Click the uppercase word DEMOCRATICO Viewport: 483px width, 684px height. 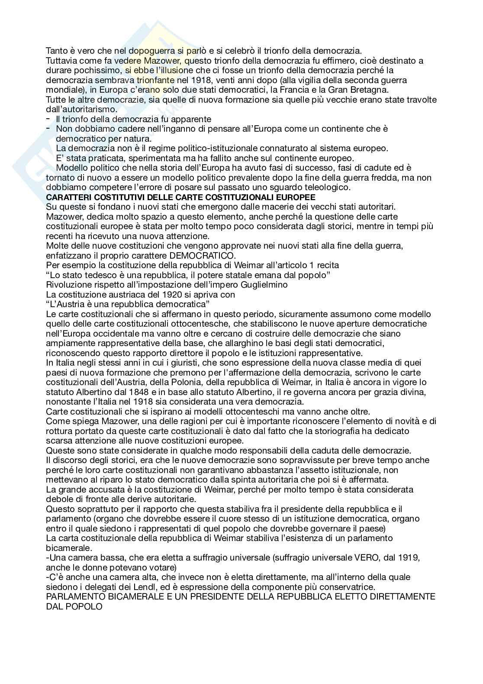[x=203, y=255]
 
